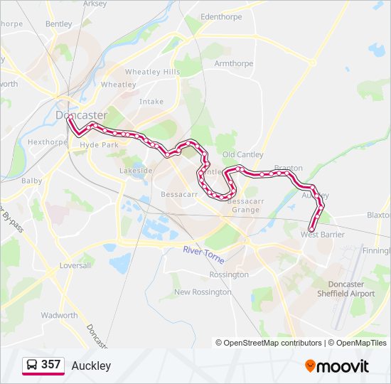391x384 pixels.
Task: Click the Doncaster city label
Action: pyautogui.click(x=82, y=114)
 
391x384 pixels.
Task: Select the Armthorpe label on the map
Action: pyautogui.click(x=233, y=63)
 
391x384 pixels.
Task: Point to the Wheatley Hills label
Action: pyautogui.click(x=152, y=72)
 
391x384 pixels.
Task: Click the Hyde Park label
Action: pyautogui.click(x=100, y=144)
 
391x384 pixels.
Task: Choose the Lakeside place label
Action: pyautogui.click(x=136, y=171)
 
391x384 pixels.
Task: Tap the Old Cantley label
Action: pyautogui.click(x=243, y=154)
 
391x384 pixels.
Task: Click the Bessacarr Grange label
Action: pyautogui.click(x=245, y=206)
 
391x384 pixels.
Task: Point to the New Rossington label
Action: pyautogui.click(x=203, y=292)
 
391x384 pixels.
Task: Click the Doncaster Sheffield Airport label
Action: pyautogui.click(x=346, y=289)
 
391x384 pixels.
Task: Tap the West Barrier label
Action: pyautogui.click(x=323, y=234)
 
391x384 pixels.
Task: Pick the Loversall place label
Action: pyautogui.click(x=75, y=265)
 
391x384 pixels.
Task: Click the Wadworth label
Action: pyautogui.click(x=59, y=315)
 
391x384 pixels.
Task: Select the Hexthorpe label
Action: pyautogui.click(x=47, y=142)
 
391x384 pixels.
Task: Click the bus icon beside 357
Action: pyautogui.click(x=32, y=365)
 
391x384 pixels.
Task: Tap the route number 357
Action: pyautogui.click(x=50, y=365)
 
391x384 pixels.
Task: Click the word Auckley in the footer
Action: pyautogui.click(x=91, y=366)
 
